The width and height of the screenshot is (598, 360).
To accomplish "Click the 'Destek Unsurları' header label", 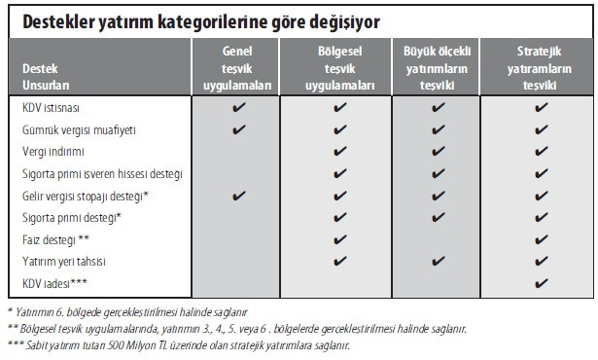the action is coord(45,75).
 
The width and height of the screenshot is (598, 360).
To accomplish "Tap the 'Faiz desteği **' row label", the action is coord(56,238).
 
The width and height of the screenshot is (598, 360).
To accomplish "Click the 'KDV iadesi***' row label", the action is coord(56,282).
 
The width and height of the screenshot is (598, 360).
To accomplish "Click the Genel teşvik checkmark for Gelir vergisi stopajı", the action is coord(238,195).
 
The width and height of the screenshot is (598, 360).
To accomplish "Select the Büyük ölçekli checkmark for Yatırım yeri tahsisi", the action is coord(437,261).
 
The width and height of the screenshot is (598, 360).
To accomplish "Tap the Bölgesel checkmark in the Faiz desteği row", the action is coord(339,238).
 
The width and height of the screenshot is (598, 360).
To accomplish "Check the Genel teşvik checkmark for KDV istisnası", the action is coord(238,107).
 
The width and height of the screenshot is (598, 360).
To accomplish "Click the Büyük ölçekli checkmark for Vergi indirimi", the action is coord(437,152).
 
